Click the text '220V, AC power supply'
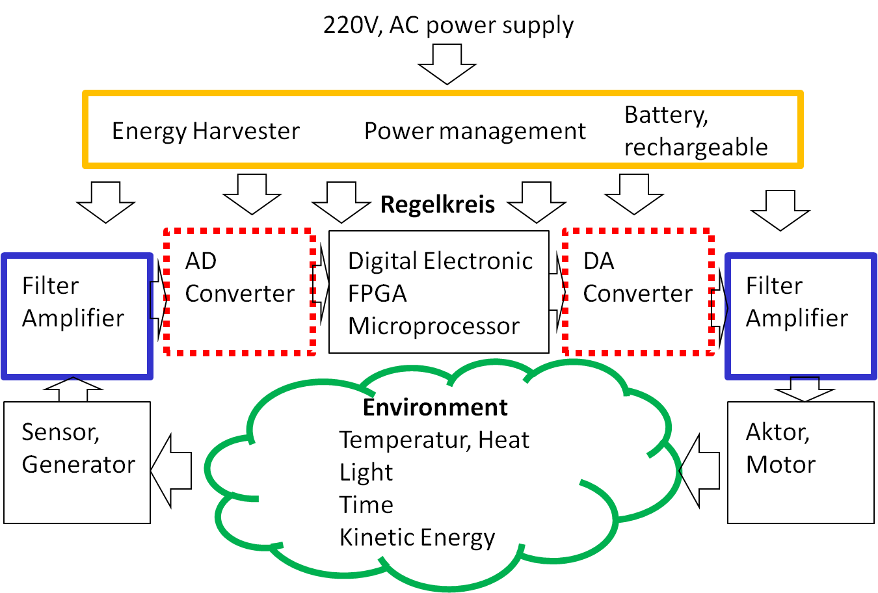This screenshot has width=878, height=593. point(448,25)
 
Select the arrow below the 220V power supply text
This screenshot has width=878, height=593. point(447,64)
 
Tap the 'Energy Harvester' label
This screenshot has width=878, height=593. point(206,131)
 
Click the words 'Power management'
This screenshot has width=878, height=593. point(475,131)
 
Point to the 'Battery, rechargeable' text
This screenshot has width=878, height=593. point(696,131)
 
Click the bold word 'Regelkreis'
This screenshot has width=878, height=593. point(438,204)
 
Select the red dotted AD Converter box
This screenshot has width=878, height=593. point(240,292)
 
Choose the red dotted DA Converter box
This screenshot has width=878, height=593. point(638,292)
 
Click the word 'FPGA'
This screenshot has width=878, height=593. point(377,293)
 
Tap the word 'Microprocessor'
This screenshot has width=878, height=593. point(434,326)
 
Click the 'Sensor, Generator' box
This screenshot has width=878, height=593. point(77,462)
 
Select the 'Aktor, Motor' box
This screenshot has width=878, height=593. point(801,462)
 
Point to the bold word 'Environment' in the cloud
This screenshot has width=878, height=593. point(435,407)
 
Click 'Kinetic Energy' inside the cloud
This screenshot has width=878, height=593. point(417,537)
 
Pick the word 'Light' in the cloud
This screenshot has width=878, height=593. point(366,472)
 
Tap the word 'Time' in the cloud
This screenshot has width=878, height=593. point(366,505)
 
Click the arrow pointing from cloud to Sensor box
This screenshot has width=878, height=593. point(172,470)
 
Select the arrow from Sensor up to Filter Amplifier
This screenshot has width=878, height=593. point(73,389)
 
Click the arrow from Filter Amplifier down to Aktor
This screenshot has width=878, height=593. point(805,389)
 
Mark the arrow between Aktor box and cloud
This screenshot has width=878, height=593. point(700,470)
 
